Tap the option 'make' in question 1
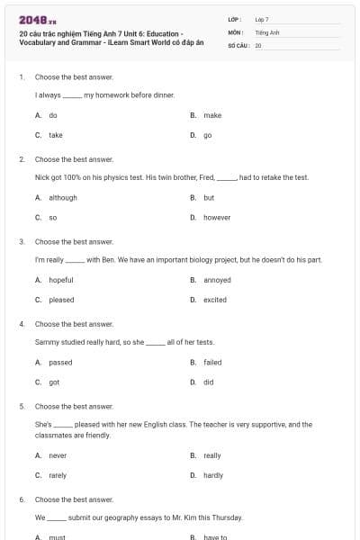(x=212, y=115)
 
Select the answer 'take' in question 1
(x=56, y=135)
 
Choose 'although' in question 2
(x=63, y=197)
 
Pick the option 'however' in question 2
(x=217, y=217)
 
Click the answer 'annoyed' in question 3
(x=217, y=280)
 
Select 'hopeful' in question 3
(x=61, y=280)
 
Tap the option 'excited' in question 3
(x=215, y=300)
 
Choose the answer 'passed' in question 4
(x=60, y=362)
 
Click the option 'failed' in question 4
(x=212, y=362)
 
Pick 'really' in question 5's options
(x=212, y=455)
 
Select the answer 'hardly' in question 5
(x=213, y=475)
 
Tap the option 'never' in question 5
(x=58, y=455)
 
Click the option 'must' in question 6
(x=57, y=537)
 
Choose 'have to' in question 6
(x=216, y=537)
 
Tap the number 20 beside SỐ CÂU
(x=258, y=44)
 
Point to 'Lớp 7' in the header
(x=262, y=19)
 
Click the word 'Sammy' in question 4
(x=46, y=342)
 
